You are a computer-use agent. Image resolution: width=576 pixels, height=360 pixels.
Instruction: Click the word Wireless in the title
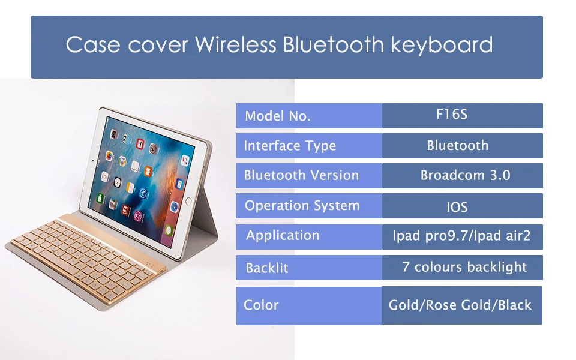pos(235,44)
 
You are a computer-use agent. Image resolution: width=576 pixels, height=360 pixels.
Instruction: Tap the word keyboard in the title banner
pos(442,45)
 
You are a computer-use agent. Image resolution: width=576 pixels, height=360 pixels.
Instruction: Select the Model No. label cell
pos(309,116)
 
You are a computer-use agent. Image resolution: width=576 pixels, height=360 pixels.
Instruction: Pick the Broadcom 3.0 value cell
pos(463,176)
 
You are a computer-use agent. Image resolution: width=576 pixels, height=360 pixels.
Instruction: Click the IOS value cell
pos(463,206)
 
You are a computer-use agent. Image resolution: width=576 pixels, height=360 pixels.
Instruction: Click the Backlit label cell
pos(309,268)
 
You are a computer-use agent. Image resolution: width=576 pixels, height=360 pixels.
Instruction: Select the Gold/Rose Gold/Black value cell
pos(462,305)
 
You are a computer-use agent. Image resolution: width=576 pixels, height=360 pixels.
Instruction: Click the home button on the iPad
pos(188,201)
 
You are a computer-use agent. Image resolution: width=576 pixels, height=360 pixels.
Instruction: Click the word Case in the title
pos(93,45)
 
